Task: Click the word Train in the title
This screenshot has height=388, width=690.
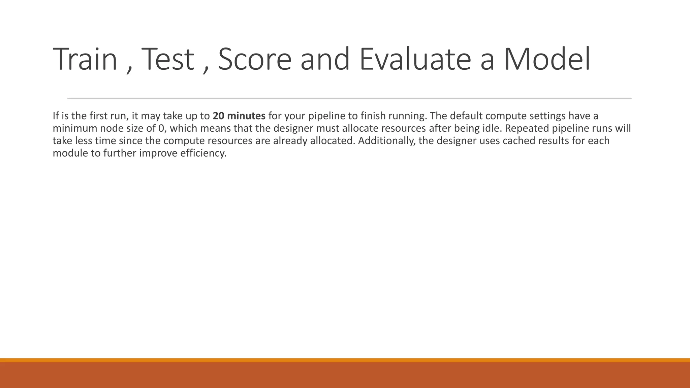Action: click(85, 59)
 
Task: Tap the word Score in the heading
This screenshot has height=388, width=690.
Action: click(255, 59)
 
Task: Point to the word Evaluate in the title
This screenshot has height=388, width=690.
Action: click(415, 59)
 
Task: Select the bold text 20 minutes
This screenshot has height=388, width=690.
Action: click(239, 116)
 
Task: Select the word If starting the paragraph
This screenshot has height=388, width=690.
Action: click(56, 116)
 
